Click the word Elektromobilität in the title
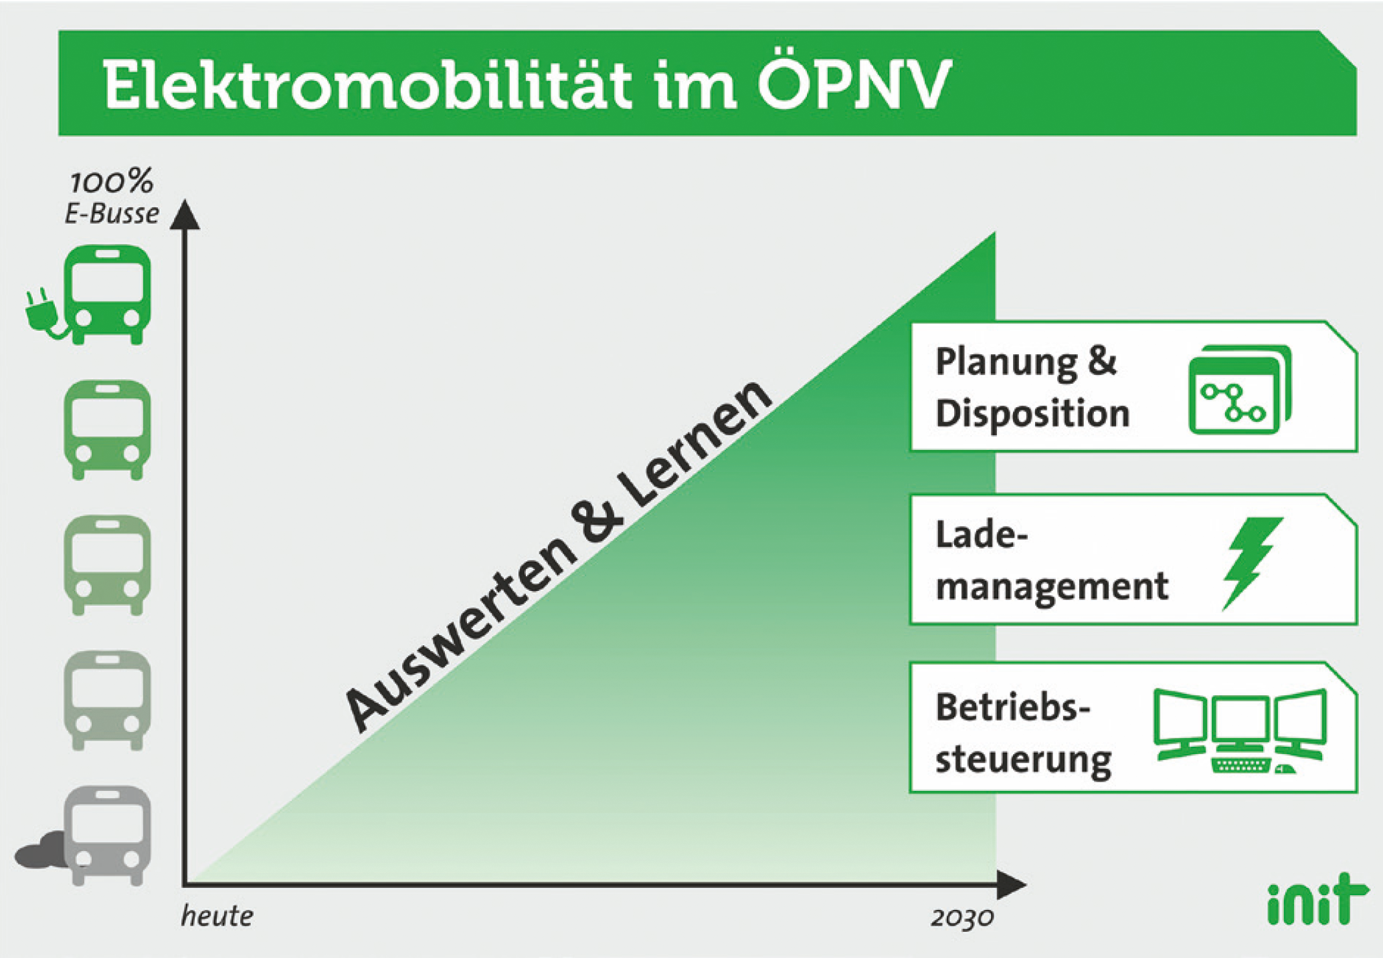366,86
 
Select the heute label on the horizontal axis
217,916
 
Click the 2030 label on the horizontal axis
962,918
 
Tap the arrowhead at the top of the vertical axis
185,215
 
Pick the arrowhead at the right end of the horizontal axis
1011,884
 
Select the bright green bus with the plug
107,295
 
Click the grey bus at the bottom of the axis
107,836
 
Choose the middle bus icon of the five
107,565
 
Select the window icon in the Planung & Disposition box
1240,390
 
